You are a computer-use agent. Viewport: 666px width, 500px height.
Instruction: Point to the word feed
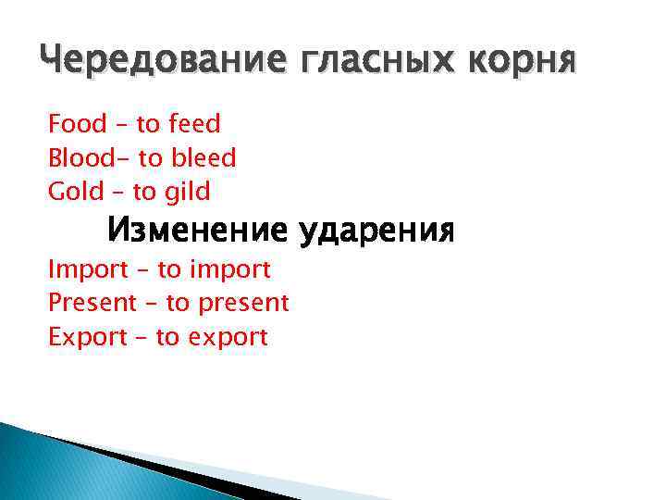(x=195, y=123)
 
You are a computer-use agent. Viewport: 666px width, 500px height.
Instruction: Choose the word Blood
(x=80, y=158)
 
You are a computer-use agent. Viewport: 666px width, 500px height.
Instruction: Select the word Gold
(x=75, y=193)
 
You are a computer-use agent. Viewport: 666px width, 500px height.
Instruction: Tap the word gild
(x=188, y=193)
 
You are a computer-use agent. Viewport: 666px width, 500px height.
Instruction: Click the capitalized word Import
(x=88, y=270)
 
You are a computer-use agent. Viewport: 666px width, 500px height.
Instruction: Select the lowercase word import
(x=229, y=270)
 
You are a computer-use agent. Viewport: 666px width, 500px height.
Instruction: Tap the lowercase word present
(x=242, y=303)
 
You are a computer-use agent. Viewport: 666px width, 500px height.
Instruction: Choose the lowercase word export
(x=228, y=337)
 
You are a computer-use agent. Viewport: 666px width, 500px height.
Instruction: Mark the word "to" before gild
(x=144, y=193)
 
